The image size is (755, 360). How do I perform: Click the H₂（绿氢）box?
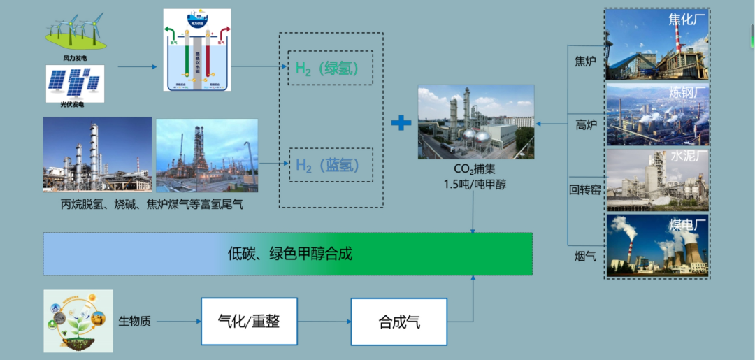330,69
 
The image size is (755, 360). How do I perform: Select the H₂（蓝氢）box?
330,165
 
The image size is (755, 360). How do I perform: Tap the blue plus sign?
401,123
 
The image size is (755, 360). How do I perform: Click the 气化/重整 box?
249,321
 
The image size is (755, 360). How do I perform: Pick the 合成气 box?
399,322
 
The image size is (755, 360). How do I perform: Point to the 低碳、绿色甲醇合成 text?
290,254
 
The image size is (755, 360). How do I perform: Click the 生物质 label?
134,322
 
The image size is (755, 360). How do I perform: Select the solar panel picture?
75,83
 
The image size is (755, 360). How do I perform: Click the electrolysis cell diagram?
196,50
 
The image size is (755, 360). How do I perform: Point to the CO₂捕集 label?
475,168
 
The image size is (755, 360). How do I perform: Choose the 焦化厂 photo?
657,43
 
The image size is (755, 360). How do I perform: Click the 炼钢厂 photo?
657,114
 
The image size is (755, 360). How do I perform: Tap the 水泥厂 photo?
657,180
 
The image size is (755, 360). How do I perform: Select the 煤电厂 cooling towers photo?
657,245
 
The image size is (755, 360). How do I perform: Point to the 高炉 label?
584,125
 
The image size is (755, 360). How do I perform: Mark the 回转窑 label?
584,189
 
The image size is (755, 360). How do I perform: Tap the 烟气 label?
584,257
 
